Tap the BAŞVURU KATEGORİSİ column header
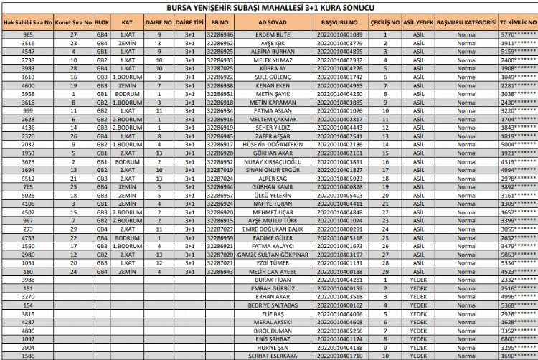(466, 22)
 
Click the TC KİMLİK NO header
(518, 22)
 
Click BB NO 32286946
(220, 34)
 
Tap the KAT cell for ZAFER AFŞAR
(127, 136)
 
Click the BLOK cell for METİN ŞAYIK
(102, 94)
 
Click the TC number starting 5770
(518, 34)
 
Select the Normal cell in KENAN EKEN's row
(466, 85)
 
